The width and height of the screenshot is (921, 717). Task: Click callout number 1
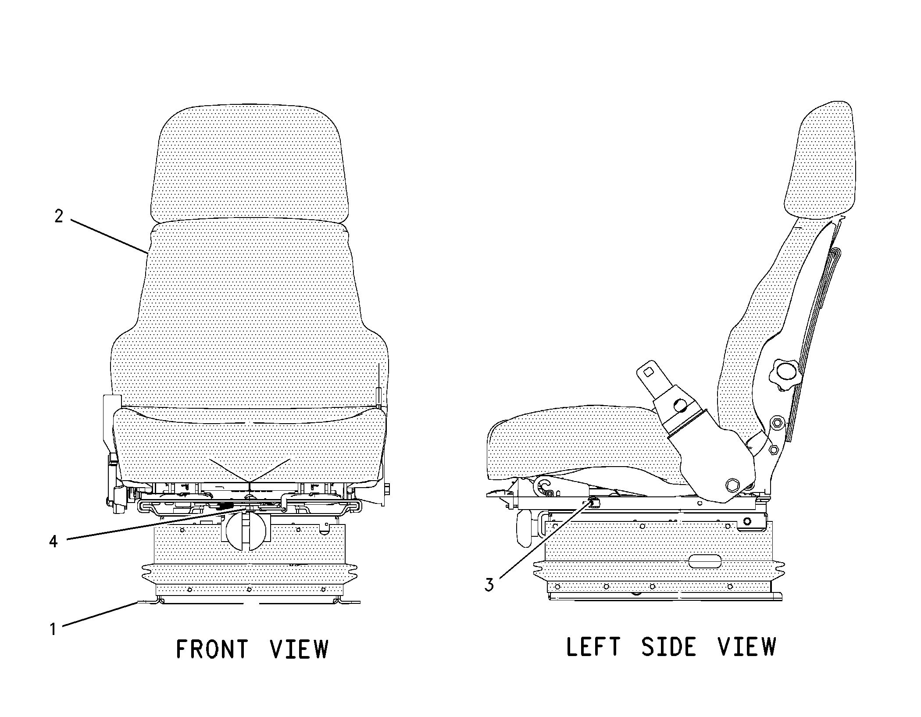[x=53, y=630]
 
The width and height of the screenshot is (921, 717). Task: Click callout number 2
[x=59, y=216]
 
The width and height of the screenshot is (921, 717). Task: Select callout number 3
[x=489, y=585]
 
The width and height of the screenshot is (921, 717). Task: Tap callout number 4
[x=53, y=542]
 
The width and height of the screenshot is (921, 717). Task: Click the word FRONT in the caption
[x=212, y=649]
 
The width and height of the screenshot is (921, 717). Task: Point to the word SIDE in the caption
[x=668, y=647]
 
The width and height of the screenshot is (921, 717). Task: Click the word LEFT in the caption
[x=593, y=647]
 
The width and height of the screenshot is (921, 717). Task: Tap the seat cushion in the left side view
[x=583, y=447]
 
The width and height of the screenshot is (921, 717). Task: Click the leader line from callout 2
[x=109, y=236]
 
